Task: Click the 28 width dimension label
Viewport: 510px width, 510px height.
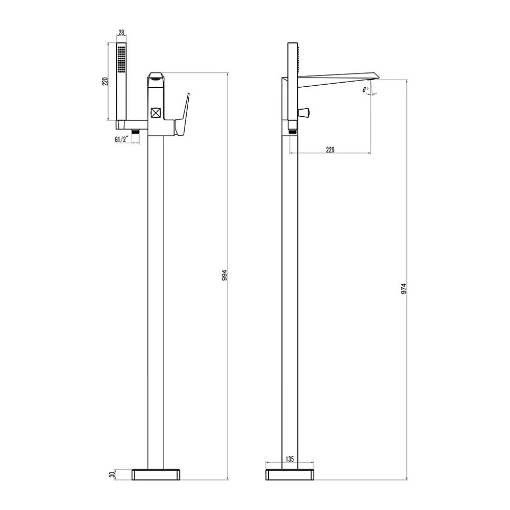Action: (x=121, y=33)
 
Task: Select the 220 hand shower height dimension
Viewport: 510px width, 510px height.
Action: (x=105, y=82)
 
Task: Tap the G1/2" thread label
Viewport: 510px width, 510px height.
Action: (x=122, y=140)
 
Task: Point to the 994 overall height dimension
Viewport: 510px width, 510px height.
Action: (x=224, y=275)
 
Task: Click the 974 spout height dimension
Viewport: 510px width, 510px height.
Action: (x=403, y=289)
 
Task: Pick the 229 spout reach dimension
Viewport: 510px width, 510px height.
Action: (x=330, y=149)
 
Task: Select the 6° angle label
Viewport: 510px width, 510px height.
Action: (x=366, y=90)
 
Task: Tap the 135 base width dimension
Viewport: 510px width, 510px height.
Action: (x=290, y=459)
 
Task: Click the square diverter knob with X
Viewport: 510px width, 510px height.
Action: (x=156, y=113)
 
